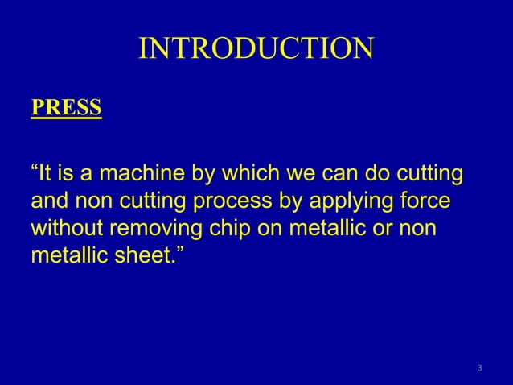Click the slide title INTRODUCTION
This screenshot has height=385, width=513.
tap(256, 49)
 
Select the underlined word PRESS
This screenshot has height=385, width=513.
tap(66, 108)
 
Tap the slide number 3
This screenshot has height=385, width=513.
tap(479, 369)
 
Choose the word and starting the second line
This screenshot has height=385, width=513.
tap(50, 201)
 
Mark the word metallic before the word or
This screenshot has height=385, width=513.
tap(334, 228)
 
